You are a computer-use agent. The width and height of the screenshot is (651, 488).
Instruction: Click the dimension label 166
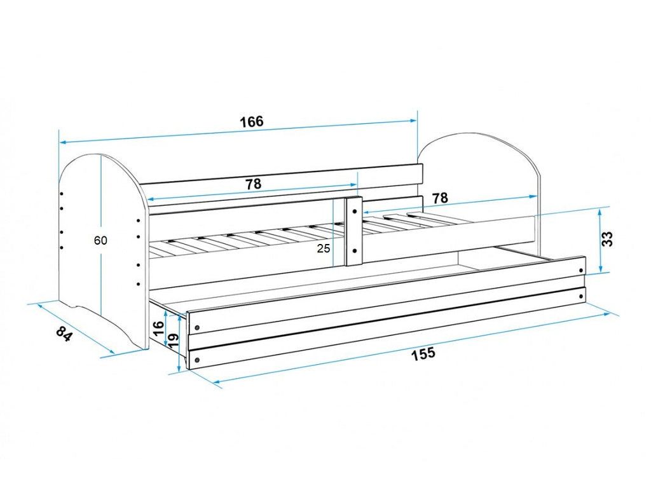[252, 121]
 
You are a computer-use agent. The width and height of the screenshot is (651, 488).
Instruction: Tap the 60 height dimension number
[100, 240]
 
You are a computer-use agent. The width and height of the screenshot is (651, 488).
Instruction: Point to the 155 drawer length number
[423, 354]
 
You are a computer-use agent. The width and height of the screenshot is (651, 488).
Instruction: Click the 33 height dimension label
[606, 239]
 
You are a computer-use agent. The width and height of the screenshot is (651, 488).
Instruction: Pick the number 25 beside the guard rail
[324, 248]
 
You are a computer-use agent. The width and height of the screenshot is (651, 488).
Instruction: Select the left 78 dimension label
[253, 184]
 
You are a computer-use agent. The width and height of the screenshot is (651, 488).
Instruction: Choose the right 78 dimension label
[440, 198]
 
